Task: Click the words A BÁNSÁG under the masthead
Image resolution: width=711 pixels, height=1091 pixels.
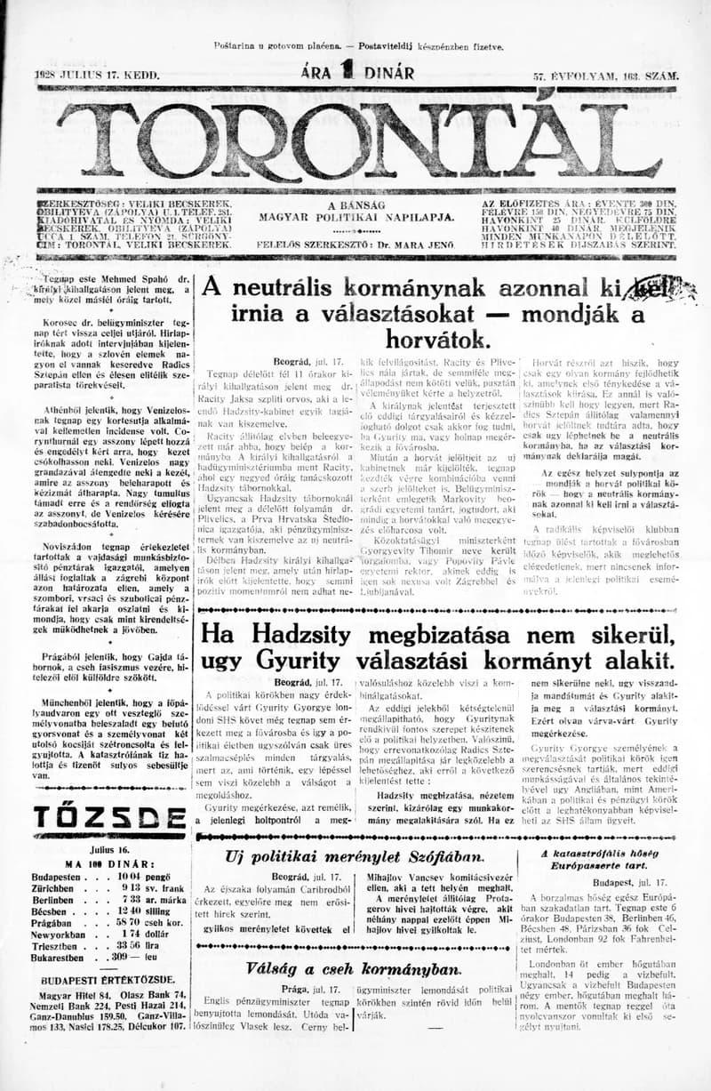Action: pyautogui.click(x=355, y=205)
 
